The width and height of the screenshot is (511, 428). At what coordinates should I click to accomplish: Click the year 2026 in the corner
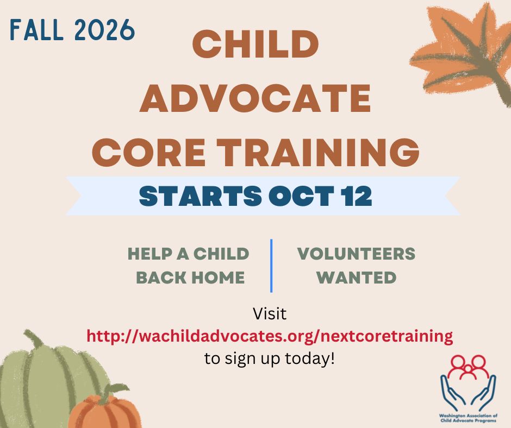pos(104,30)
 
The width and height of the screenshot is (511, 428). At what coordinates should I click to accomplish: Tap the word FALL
pos(36,30)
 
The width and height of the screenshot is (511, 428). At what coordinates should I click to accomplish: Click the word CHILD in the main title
pos(255,44)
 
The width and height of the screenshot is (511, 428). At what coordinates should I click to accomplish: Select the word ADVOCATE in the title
pos(255,98)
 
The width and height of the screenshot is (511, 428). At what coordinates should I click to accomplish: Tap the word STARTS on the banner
pos(201,196)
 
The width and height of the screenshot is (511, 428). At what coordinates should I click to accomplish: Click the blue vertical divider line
pos(271,266)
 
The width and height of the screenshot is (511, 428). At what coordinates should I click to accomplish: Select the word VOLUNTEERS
pos(356,254)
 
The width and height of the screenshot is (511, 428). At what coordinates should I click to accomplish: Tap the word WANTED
pos(356,278)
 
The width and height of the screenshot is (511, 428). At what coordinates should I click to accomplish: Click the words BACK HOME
pos(190,278)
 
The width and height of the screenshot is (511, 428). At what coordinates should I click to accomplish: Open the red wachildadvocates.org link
pos(270,336)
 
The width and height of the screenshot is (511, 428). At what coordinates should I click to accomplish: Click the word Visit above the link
pos(270,314)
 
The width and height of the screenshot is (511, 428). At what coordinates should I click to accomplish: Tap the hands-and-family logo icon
pos(468,383)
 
